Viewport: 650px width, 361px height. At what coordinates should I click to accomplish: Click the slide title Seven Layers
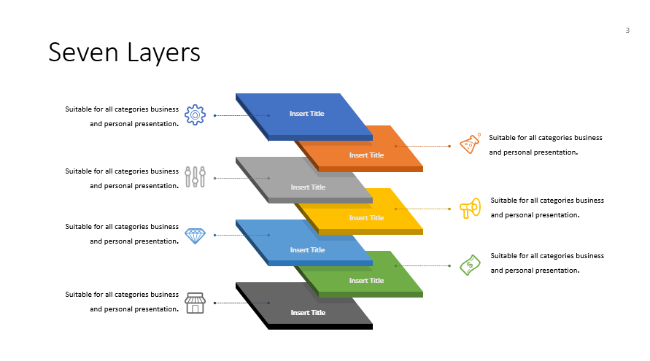[124, 53]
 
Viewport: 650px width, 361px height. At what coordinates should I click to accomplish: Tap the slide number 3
[627, 30]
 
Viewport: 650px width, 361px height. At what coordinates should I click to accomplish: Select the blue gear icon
[195, 114]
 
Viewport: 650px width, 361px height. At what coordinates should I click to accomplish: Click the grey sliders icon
[195, 176]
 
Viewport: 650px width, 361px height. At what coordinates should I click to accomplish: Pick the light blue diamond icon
[195, 235]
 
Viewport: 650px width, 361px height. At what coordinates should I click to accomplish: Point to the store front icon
[195, 303]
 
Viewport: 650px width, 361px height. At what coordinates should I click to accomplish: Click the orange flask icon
[470, 144]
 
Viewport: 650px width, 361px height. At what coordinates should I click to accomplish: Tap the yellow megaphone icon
[470, 208]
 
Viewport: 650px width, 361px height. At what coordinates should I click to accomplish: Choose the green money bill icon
[470, 265]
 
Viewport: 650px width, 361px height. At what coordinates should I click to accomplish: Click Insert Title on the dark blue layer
[306, 114]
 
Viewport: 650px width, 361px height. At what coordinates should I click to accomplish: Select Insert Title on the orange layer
[366, 155]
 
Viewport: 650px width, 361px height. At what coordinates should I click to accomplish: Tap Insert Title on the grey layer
[308, 187]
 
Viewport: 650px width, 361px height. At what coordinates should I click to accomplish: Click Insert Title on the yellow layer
[366, 218]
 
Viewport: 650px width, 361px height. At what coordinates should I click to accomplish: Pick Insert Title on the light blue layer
[307, 250]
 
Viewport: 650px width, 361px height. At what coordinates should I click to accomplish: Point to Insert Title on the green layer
[366, 281]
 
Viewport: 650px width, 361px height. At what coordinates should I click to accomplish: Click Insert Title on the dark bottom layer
[308, 313]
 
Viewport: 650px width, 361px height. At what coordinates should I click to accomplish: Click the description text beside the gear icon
[122, 117]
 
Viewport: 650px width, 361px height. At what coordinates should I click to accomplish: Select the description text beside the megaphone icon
[547, 207]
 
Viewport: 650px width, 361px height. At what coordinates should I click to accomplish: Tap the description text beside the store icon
[122, 302]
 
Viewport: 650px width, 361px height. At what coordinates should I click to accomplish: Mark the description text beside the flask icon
[546, 144]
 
